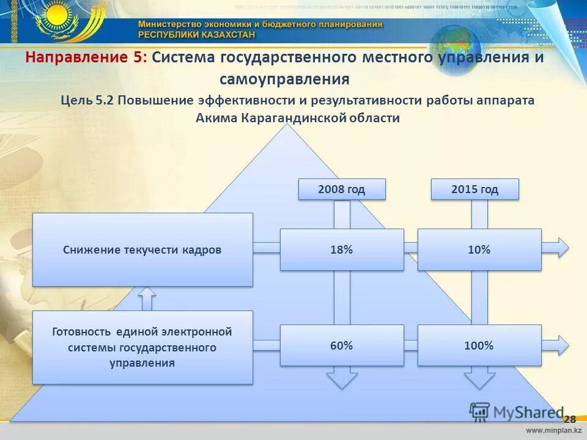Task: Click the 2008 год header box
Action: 342,189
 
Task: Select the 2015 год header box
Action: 474,189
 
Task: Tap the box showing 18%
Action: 342,249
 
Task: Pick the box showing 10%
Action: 479,249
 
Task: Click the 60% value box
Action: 342,345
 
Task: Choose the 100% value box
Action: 479,345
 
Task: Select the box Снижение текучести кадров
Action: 142,249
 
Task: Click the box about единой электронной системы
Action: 142,347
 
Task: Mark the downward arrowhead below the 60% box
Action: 342,378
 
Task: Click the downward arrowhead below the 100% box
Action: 479,378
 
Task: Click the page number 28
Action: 569,419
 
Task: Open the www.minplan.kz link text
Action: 553,431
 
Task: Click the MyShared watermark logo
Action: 516,413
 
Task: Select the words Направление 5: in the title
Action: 86,57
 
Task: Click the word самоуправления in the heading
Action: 284,79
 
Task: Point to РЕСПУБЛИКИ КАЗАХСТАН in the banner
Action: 196,35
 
